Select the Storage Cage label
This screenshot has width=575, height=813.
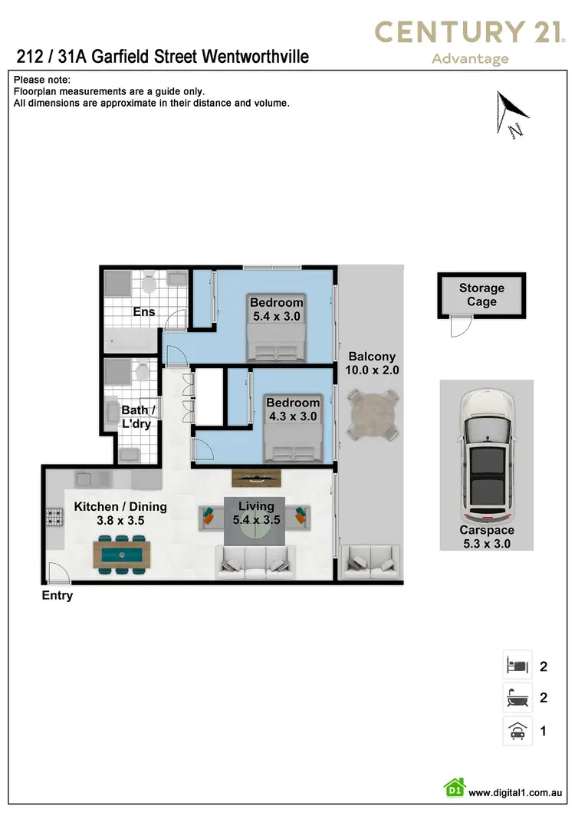[x=481, y=295]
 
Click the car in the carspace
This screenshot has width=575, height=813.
[x=486, y=458]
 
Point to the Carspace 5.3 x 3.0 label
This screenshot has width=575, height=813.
[x=487, y=537]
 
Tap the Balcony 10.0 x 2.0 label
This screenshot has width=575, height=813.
[x=372, y=363]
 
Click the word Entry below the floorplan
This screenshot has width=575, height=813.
[x=58, y=595]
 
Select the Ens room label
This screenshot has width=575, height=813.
[x=144, y=311]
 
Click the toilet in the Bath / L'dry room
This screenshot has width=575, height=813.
[x=142, y=372]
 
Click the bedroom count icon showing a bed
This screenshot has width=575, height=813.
[x=517, y=665]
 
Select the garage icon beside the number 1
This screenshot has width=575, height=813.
[x=517, y=730]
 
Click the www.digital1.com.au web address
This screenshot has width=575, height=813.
[x=517, y=792]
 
